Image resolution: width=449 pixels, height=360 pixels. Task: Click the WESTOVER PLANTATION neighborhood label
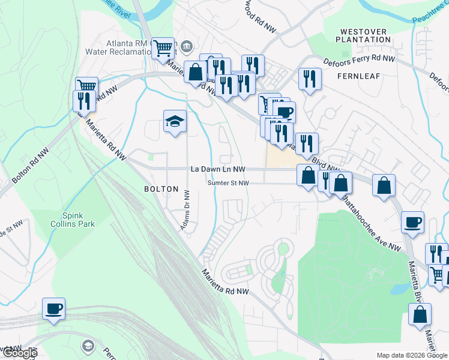pos(365,35)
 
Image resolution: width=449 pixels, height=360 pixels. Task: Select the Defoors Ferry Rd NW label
pos(359,59)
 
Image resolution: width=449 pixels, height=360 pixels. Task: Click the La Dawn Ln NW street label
pos(218,170)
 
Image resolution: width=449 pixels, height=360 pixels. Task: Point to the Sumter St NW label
pos(229,183)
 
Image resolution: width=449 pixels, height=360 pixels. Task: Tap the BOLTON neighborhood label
pos(161,189)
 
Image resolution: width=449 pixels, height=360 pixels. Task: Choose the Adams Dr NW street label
pos(185,210)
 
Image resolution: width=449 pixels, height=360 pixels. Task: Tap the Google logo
pos(19,353)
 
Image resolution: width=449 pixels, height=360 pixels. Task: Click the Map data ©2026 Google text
pos(412,355)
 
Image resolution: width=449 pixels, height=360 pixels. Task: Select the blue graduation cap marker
pos(175,122)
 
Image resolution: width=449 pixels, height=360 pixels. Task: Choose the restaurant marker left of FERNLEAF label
pos(310,79)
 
